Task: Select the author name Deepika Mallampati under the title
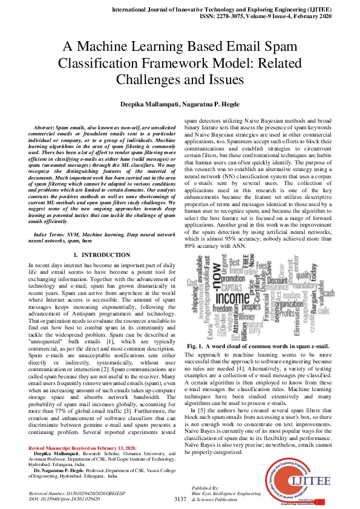pos(139,104)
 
